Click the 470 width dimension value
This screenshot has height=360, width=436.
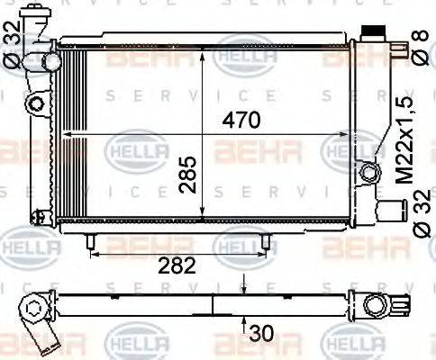241,120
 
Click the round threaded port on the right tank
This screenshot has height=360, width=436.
367,171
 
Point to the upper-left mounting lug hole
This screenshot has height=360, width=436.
36,103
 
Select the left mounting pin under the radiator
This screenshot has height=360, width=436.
90,241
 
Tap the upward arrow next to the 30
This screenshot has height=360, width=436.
244,326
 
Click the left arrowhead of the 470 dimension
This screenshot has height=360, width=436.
64,133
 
